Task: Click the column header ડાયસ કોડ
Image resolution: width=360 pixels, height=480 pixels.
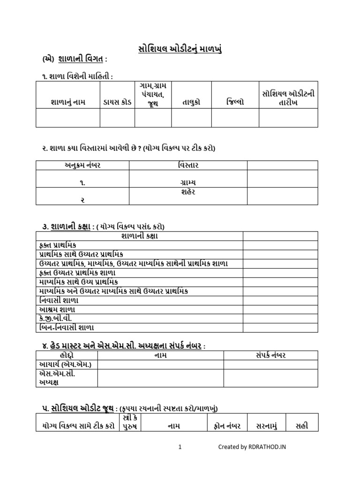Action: click(x=117, y=102)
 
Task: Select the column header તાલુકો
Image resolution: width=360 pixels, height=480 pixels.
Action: click(x=191, y=102)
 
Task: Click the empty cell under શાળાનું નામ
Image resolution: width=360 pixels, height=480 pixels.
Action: click(x=68, y=118)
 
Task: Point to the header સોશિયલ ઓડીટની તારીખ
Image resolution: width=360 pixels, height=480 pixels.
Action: click(x=288, y=98)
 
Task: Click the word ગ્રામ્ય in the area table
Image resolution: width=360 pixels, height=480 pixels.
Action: click(x=188, y=182)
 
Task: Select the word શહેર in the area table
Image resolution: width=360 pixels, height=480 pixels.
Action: click(x=188, y=192)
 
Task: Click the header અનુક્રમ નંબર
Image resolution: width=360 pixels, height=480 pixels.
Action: click(x=82, y=165)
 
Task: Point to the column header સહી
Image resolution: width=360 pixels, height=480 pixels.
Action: click(x=302, y=426)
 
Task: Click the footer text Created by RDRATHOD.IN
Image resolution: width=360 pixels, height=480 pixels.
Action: click(x=252, y=447)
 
